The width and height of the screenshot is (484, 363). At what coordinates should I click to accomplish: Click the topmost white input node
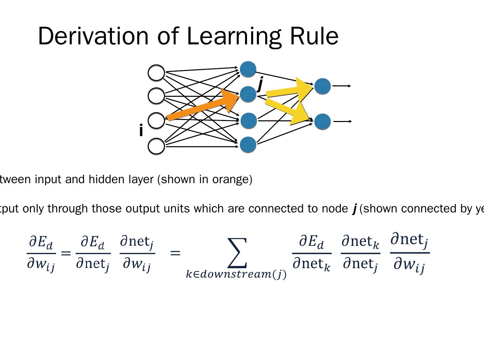tap(156, 73)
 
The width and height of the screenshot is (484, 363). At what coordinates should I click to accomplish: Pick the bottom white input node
tap(156, 146)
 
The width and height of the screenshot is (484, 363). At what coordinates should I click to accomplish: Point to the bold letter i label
tap(141, 130)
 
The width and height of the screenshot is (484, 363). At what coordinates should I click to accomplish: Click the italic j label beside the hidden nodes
tap(260, 84)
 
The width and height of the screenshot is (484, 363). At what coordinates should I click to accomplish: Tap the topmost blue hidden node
tap(248, 69)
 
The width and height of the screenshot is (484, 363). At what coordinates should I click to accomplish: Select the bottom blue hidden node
tap(248, 145)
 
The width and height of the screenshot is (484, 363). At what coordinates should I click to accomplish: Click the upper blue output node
tap(323, 86)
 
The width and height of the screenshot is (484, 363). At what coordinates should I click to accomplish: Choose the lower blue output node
tap(323, 122)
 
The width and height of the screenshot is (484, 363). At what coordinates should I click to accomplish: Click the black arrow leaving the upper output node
tap(341, 86)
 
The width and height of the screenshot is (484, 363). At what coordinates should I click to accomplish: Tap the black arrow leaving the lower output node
tap(342, 121)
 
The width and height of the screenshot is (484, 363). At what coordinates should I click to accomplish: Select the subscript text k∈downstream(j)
tap(236, 275)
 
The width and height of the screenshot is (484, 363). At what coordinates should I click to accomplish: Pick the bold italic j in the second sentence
tap(354, 209)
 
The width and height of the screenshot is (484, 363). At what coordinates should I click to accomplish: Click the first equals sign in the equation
tap(66, 253)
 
